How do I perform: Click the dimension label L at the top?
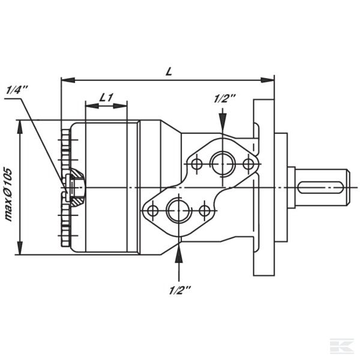[x=169, y=71]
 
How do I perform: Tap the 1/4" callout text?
[x=17, y=89]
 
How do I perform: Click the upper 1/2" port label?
[x=223, y=99]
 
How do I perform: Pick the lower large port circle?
[x=178, y=210]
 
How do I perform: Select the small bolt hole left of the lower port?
[x=152, y=210]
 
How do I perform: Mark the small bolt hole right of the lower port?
[x=205, y=210]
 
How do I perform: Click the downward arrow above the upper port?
[x=223, y=125]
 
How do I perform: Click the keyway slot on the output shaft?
[x=322, y=187]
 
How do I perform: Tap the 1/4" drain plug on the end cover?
[x=75, y=187]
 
